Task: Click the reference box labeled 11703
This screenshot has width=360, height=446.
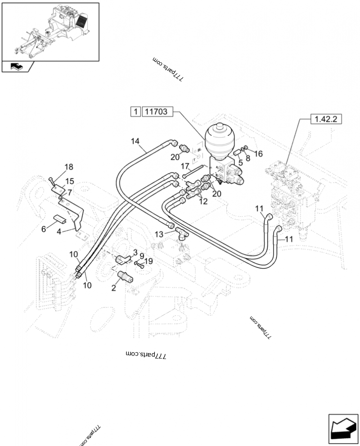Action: (158, 112)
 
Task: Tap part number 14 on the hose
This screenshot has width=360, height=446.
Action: (135, 141)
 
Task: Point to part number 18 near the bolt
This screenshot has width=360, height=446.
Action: (68, 167)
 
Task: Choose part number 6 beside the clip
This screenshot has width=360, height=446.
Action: (44, 229)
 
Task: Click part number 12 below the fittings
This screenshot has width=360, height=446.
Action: (203, 201)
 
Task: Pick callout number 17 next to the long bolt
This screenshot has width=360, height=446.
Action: (184, 166)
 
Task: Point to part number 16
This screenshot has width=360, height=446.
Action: (258, 154)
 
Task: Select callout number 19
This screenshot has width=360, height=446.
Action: (149, 261)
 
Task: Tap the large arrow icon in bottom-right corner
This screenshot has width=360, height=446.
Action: (343, 428)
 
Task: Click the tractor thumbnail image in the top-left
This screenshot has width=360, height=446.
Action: (50, 32)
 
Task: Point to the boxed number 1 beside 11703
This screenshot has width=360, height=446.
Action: (135, 112)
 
